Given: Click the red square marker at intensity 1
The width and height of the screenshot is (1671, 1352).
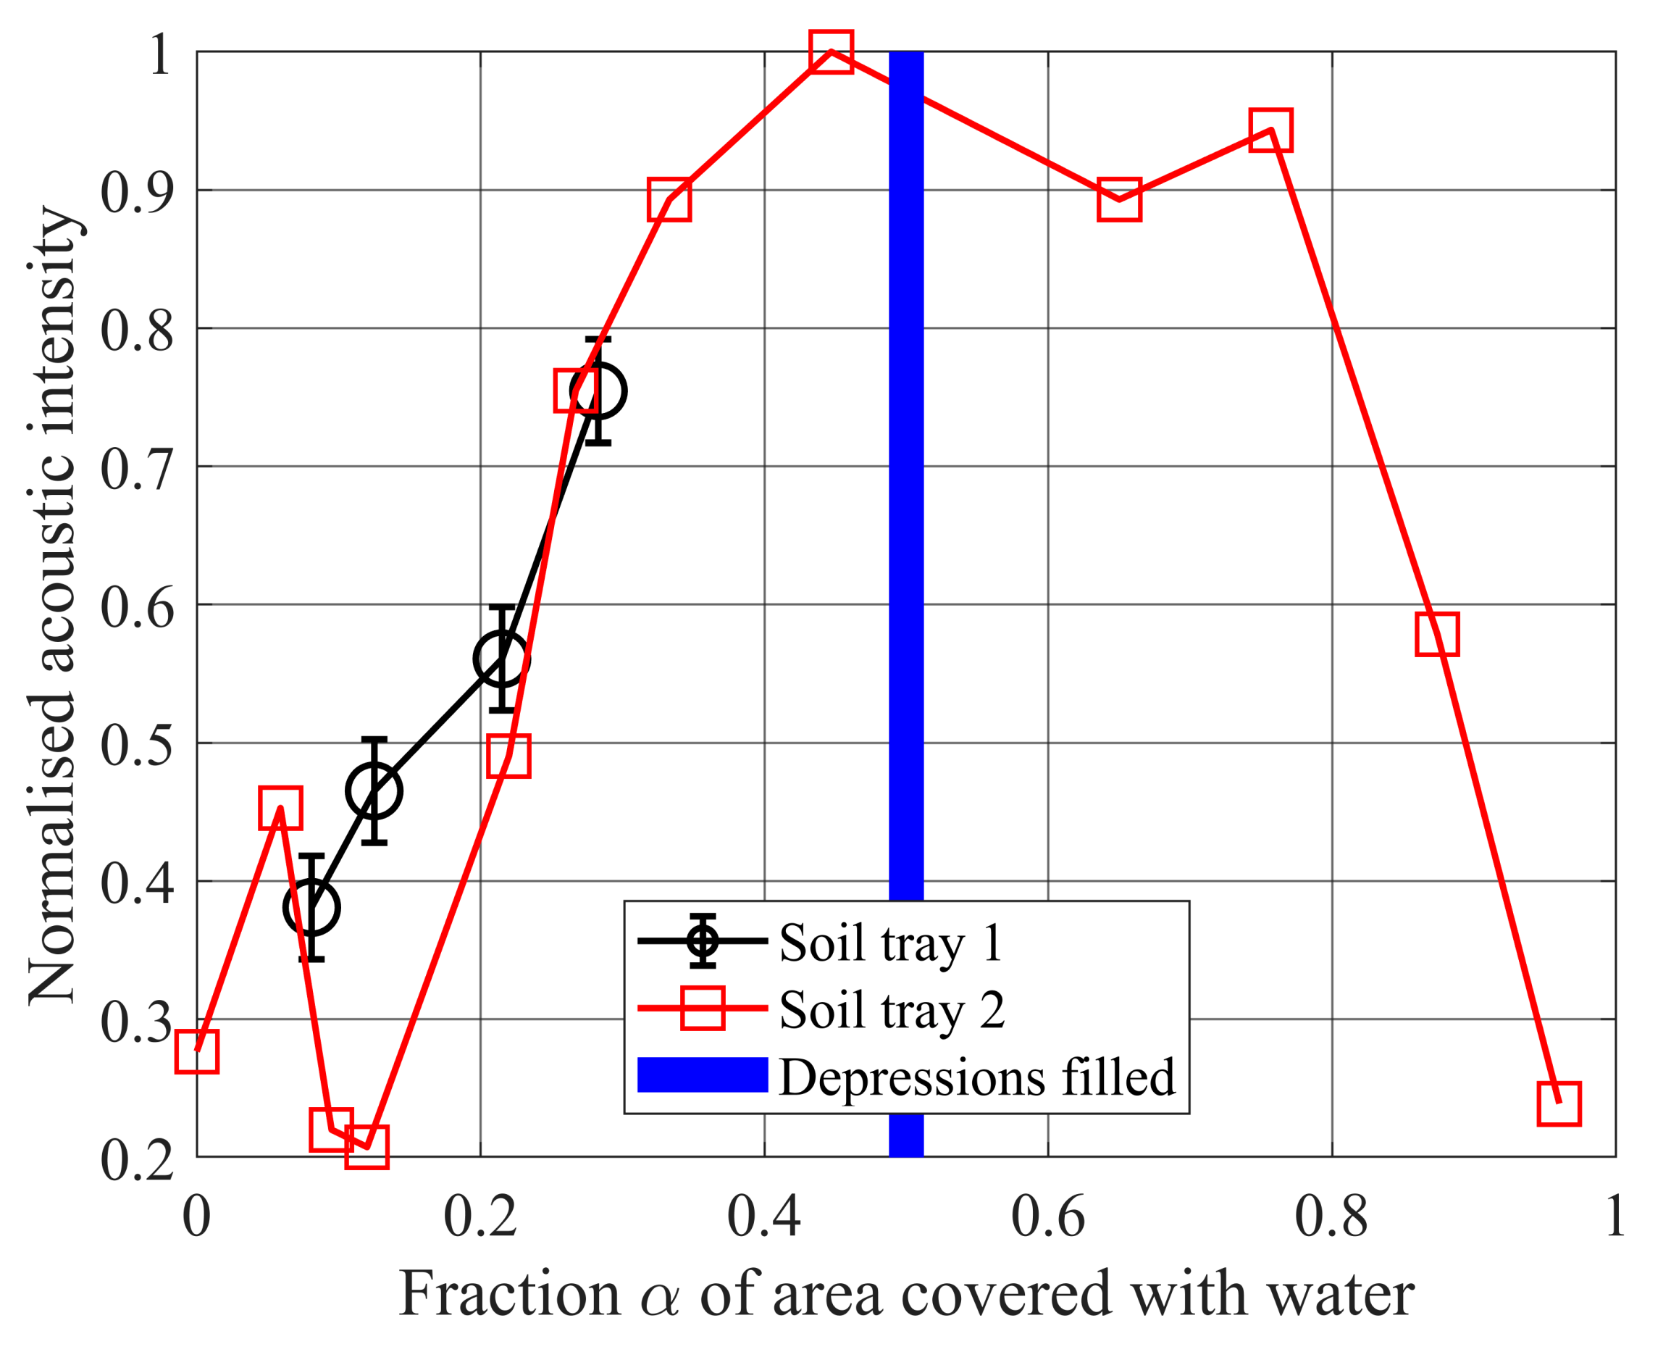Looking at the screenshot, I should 831,51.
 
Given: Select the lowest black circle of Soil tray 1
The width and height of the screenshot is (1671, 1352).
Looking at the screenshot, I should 311,907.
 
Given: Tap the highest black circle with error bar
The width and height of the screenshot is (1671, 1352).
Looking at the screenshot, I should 598,391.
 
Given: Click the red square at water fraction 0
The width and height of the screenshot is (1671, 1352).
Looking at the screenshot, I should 197,1051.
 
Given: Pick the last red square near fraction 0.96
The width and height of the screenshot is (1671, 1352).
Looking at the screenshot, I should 1559,1103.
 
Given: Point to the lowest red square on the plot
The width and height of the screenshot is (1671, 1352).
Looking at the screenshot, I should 367,1146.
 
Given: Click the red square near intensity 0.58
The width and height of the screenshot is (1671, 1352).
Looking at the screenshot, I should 1436,633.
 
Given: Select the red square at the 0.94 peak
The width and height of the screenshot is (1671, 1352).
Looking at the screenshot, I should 1270,130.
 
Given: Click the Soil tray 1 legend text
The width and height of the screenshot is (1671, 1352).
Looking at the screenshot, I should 891,942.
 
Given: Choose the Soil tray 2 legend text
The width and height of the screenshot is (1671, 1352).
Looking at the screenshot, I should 892,1009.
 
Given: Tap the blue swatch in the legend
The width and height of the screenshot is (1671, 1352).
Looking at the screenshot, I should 703,1075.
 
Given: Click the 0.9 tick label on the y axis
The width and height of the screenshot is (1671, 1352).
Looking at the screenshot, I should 137,191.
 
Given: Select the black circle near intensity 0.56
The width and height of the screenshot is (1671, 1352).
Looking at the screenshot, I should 501,659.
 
